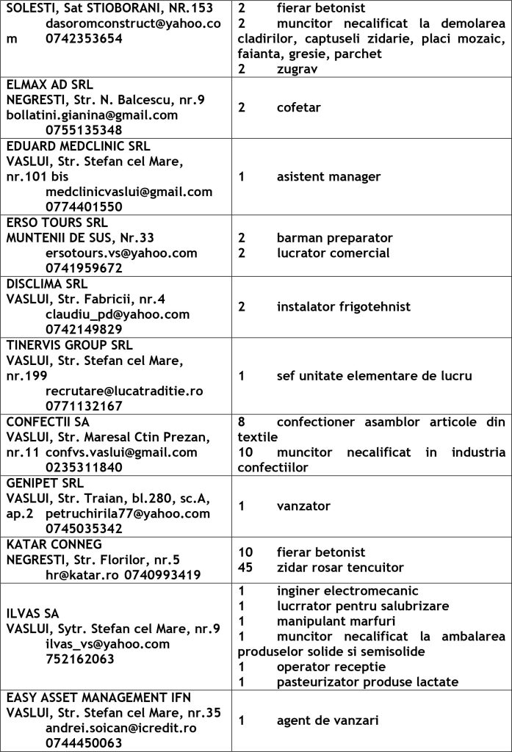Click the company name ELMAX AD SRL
pyautogui.click(x=50, y=84)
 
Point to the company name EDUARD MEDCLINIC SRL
pyautogui.click(x=78, y=145)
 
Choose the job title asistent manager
pyautogui.click(x=328, y=176)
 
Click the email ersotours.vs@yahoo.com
pyautogui.click(x=121, y=253)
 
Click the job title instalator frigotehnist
pyautogui.click(x=343, y=306)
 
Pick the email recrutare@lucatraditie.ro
pyautogui.click(x=123, y=391)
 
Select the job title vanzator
pyautogui.click(x=303, y=505)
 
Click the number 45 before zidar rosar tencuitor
pyautogui.click(x=245, y=567)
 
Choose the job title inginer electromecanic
pyautogui.click(x=347, y=590)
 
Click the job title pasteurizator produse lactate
pyautogui.click(x=367, y=682)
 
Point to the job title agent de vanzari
pyautogui.click(x=328, y=720)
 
